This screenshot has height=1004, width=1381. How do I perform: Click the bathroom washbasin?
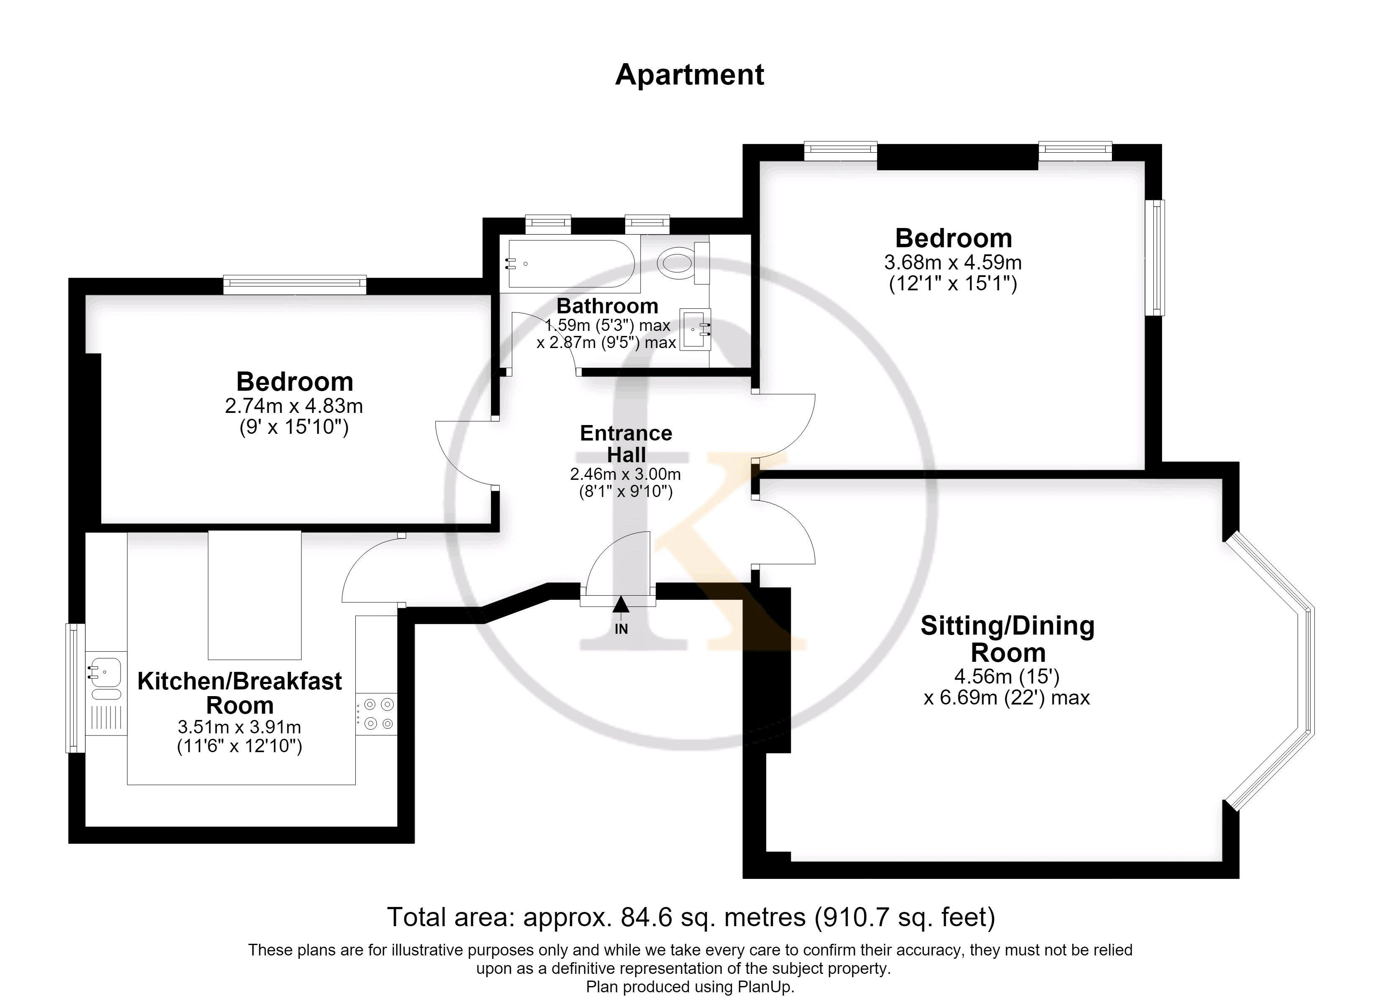[696, 329]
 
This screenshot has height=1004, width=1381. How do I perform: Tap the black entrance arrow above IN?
[621, 604]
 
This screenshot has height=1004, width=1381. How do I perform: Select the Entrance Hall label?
[626, 444]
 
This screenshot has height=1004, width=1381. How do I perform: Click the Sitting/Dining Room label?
[1008, 639]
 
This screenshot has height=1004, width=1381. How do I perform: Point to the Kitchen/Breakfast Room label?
[239, 693]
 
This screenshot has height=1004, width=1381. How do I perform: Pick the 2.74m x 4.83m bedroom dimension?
[294, 405]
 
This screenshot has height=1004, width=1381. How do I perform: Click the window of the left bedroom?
[295, 284]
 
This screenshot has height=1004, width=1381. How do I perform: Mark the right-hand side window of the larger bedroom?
[1155, 258]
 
